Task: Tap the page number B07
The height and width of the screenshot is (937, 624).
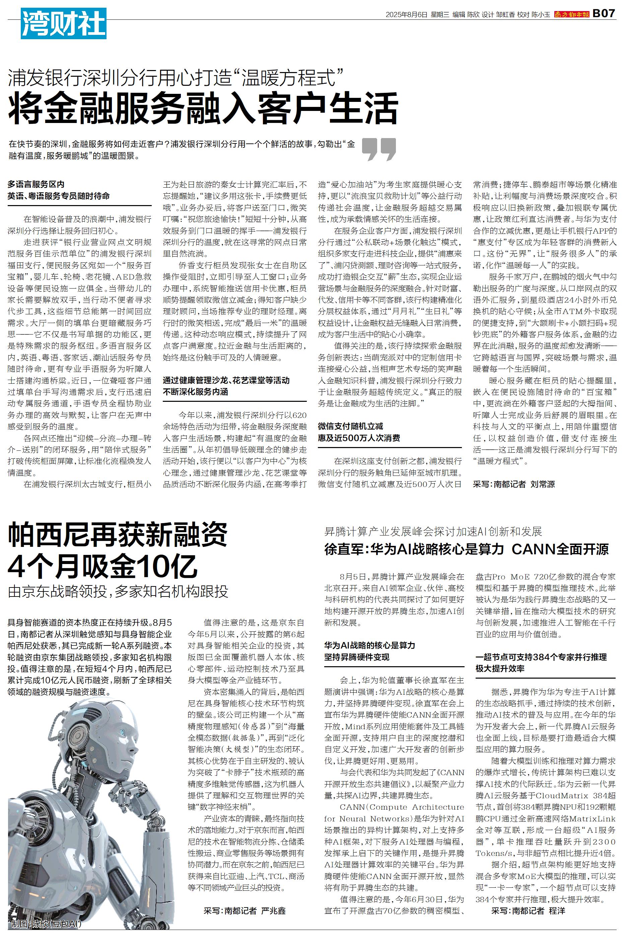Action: click(604, 13)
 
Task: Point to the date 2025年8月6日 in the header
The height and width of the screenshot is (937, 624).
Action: click(406, 14)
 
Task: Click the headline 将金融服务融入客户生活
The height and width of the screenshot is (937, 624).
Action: click(203, 108)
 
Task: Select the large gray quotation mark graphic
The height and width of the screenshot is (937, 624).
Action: click(378, 149)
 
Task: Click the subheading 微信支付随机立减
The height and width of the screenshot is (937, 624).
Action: click(350, 426)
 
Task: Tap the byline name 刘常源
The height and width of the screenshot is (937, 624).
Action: click(542, 484)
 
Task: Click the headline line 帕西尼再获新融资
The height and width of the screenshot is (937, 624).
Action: click(118, 536)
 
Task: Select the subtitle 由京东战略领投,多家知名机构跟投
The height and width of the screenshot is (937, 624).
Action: click(118, 591)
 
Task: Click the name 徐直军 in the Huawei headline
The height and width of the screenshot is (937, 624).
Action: click(343, 550)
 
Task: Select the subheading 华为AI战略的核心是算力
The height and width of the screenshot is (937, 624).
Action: click(370, 645)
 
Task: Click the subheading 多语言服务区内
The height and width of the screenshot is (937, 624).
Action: click(36, 184)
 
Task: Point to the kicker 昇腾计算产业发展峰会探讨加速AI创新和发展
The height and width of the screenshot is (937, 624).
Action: click(433, 532)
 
